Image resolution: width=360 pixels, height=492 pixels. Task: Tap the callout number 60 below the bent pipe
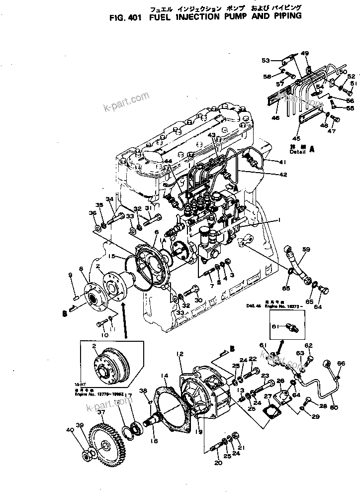coord(333,408)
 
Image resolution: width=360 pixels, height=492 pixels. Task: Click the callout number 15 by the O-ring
coord(112,257)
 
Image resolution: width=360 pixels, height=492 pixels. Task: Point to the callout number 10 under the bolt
coord(104,335)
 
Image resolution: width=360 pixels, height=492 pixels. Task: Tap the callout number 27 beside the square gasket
coord(268,396)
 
